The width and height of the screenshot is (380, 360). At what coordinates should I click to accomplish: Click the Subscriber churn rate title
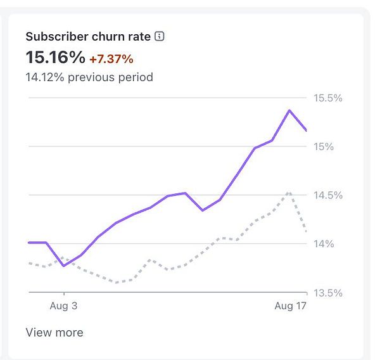88,36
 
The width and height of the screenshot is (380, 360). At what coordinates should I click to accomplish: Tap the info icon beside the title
160,36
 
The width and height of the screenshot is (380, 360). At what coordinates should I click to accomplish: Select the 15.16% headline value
55,58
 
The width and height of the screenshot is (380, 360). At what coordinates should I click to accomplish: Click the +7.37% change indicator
111,59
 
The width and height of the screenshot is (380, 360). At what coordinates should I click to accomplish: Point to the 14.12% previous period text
89,77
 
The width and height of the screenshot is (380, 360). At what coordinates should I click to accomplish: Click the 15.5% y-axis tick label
328,98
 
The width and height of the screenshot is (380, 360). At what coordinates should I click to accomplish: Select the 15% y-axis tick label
324,147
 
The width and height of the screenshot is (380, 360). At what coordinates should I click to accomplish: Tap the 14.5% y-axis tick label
328,195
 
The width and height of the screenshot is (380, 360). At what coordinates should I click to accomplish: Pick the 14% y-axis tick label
324,244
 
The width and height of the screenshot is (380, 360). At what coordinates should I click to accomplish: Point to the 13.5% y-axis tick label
328,293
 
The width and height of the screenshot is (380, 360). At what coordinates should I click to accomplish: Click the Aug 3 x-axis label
63,306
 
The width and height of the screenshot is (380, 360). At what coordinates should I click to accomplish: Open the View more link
54,332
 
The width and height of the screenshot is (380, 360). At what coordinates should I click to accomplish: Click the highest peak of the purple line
289,110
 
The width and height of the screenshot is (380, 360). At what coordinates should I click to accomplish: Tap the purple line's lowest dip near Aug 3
63,265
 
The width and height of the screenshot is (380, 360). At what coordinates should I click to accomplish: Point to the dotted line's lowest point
116,282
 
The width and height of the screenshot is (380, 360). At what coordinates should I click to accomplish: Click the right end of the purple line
307,131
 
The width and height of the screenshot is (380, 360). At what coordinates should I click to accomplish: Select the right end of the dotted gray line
307,231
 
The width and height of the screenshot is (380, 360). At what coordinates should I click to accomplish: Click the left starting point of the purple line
29,242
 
